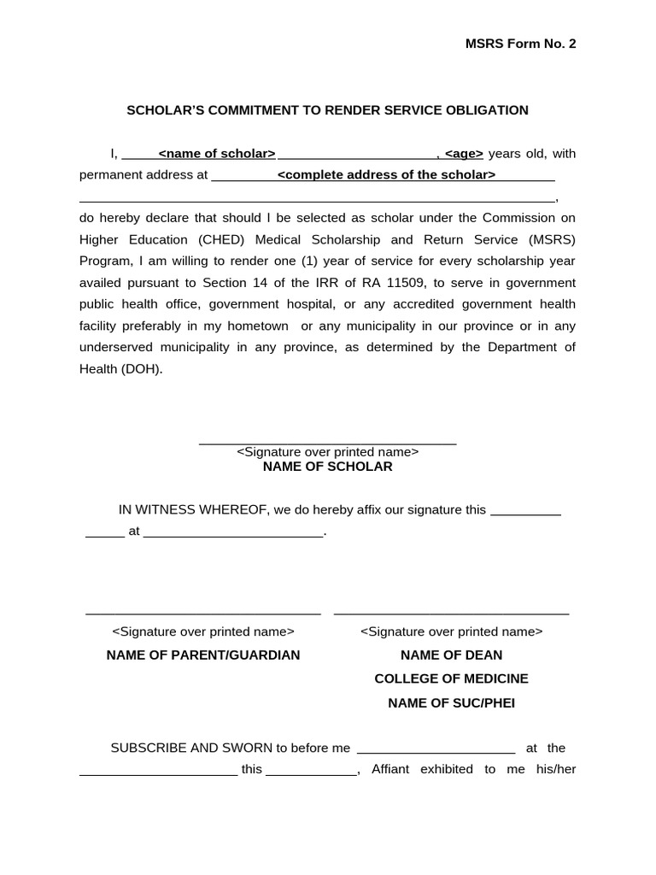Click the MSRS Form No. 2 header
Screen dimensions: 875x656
coord(520,44)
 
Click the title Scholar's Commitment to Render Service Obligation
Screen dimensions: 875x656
coord(327,110)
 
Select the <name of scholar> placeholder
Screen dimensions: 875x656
coord(217,154)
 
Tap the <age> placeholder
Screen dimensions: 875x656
coord(464,154)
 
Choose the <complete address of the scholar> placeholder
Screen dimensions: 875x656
coord(386,175)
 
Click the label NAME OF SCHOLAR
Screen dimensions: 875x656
coord(327,467)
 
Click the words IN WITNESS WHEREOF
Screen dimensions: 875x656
coord(192,510)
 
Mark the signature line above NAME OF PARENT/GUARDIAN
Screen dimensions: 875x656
coord(203,614)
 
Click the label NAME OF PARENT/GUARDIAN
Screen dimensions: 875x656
coord(203,655)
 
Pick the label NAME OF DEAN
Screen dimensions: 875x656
coord(451,655)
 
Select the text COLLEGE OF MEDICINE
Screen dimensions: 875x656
coord(451,678)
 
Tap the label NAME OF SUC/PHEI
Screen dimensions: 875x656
coord(451,703)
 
